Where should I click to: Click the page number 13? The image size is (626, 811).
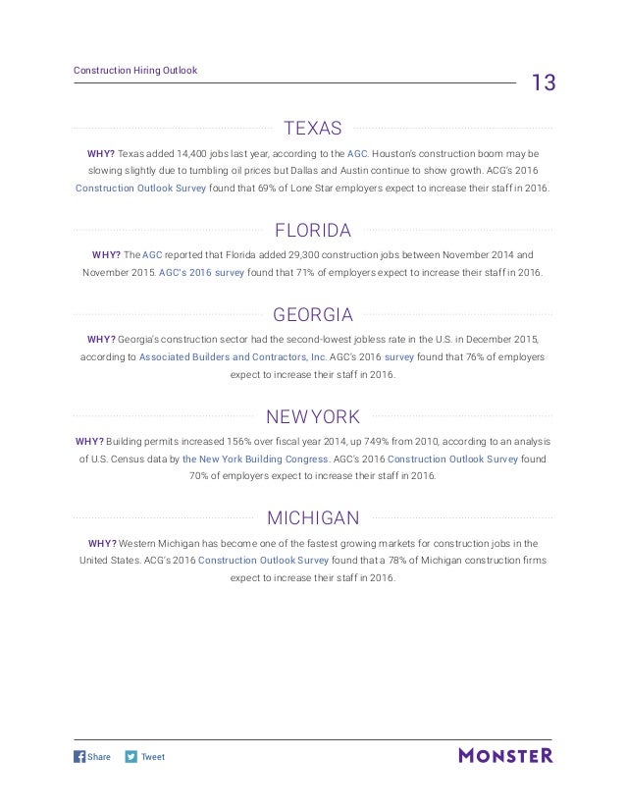[x=543, y=82]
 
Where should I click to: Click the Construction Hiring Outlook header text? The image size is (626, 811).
[x=135, y=70]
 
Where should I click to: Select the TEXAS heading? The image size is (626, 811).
[x=312, y=128]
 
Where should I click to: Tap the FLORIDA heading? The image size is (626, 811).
[x=312, y=232]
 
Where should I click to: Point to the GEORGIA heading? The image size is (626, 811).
[x=312, y=316]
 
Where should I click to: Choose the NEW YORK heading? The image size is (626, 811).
[x=312, y=417]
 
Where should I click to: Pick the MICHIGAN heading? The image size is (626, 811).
[x=312, y=517]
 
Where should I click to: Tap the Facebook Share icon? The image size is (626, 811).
[x=80, y=757]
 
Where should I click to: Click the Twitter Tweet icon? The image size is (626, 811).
[x=131, y=757]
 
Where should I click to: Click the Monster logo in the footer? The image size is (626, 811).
[x=504, y=756]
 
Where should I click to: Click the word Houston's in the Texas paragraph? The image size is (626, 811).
[x=399, y=154]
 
